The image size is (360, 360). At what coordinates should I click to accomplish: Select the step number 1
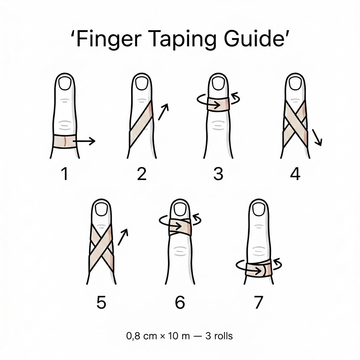pyautogui.click(x=65, y=174)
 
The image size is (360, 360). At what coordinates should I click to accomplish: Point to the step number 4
pyautogui.click(x=295, y=174)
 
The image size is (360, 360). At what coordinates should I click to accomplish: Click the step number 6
pyautogui.click(x=180, y=303)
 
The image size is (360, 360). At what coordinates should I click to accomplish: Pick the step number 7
pyautogui.click(x=258, y=303)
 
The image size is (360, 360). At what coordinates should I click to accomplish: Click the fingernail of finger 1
pyautogui.click(x=65, y=84)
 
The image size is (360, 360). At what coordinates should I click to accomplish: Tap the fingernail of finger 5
pyautogui.click(x=101, y=210)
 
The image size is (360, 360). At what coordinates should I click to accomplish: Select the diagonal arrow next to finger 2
pyautogui.click(x=163, y=112)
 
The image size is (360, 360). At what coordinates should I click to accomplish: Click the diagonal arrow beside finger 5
pyautogui.click(x=122, y=237)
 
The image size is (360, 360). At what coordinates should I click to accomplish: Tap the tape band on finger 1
pyautogui.click(x=65, y=141)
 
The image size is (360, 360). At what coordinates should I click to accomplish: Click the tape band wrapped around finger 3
pyautogui.click(x=218, y=104)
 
